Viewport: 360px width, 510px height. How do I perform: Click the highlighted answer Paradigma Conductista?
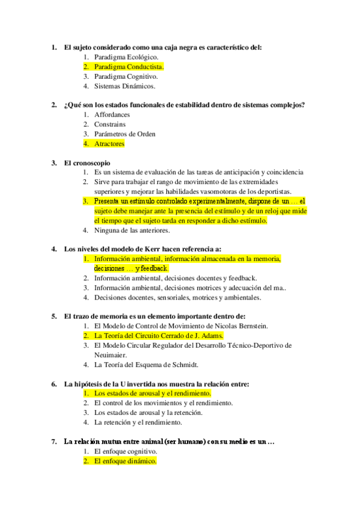129,67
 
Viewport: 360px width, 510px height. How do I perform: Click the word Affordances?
112,114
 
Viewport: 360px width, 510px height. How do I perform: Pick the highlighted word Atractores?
109,144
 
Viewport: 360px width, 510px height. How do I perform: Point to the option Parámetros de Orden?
125,134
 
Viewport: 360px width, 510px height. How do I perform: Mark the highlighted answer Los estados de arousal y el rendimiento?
152,393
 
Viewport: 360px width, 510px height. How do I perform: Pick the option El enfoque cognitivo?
126,451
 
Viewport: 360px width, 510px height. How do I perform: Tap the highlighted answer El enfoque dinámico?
125,461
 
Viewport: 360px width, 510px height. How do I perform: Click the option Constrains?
110,124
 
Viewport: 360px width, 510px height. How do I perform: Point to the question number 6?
54,384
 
